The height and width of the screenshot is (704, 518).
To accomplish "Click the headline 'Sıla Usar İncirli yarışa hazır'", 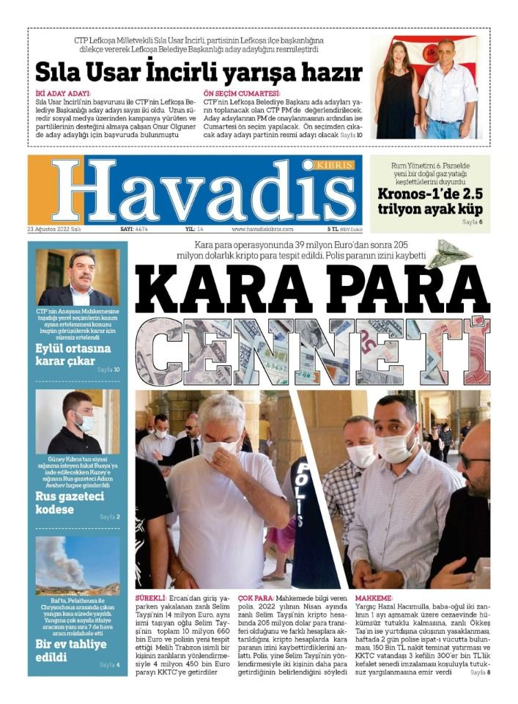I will pyautogui.click(x=199, y=72).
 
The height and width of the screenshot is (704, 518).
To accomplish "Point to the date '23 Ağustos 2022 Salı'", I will pyautogui.click(x=53, y=230).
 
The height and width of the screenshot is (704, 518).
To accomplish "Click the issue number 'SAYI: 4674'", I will pyautogui.click(x=134, y=230).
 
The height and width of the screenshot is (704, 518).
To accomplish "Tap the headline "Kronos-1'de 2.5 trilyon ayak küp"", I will pyautogui.click(x=429, y=201).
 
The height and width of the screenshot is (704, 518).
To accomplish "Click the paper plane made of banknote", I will pyautogui.click(x=449, y=254).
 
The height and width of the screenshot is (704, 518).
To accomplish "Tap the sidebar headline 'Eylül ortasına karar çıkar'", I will pyautogui.click(x=73, y=354).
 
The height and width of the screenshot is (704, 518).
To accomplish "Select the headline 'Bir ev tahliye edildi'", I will pyautogui.click(x=71, y=650).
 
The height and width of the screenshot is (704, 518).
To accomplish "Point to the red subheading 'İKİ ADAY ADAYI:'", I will pyautogui.click(x=63, y=94).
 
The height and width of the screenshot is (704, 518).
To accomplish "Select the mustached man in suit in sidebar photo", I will pyautogui.click(x=78, y=279).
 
